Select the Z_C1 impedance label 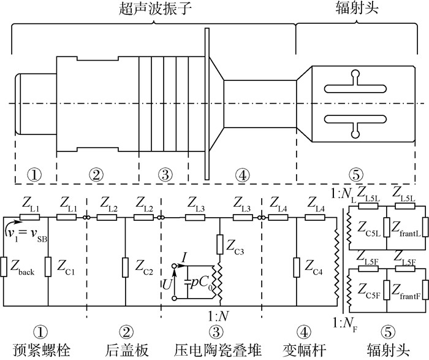tap(67, 268)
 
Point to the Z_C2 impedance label tap(145, 268)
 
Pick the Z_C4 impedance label tap(315, 268)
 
